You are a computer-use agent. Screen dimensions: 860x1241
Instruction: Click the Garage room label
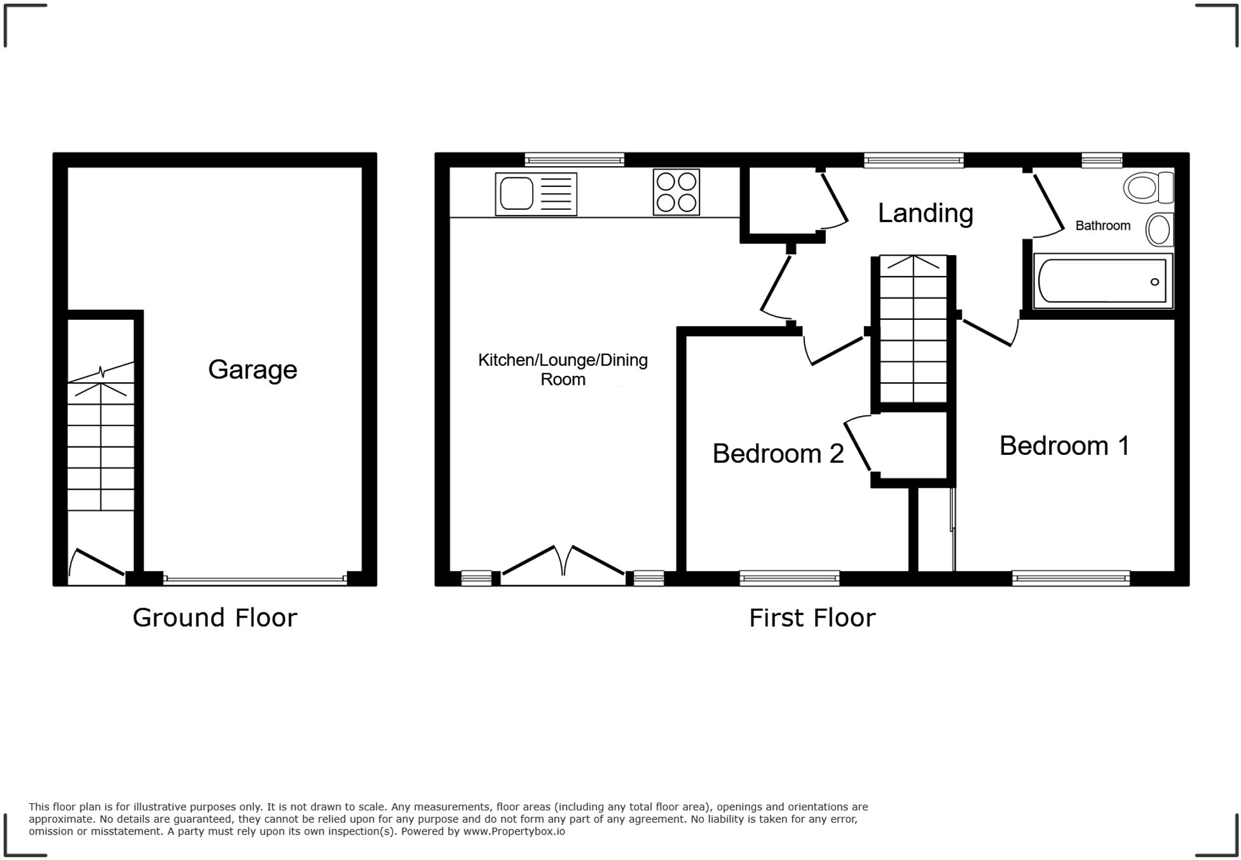click(252, 370)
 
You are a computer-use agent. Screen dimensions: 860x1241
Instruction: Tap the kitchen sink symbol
click(535, 194)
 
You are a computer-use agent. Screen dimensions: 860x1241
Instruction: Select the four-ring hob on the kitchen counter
click(676, 192)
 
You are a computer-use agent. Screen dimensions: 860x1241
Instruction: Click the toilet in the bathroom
click(1148, 188)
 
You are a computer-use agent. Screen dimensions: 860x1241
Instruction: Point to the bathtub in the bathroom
click(1102, 281)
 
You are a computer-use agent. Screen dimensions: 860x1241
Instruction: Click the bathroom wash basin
click(1160, 230)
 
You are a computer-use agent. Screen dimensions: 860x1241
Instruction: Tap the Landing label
click(925, 213)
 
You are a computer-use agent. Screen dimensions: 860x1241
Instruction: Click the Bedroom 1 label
click(1064, 445)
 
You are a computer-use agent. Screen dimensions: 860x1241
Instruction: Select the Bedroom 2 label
click(778, 454)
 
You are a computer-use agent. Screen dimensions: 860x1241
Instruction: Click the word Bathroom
click(1102, 225)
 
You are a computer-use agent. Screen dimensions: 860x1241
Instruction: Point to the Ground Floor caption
click(214, 618)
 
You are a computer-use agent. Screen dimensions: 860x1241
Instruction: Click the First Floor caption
click(812, 618)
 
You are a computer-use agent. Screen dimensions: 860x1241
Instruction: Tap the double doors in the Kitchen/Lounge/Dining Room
click(563, 563)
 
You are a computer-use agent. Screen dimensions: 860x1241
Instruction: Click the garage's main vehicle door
click(255, 579)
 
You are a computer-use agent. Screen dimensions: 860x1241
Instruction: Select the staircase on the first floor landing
click(913, 329)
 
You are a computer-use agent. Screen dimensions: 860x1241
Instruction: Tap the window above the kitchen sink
click(574, 160)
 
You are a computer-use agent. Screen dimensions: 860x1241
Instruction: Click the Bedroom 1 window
click(1071, 578)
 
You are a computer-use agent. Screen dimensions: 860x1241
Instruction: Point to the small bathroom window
click(1102, 160)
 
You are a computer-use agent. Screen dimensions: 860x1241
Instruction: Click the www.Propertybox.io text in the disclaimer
click(514, 831)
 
